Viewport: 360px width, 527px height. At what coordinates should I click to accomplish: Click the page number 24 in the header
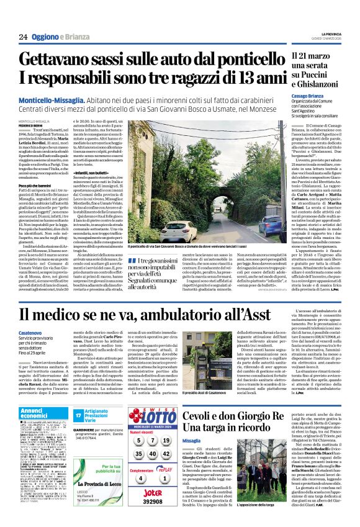pos(23,37)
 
